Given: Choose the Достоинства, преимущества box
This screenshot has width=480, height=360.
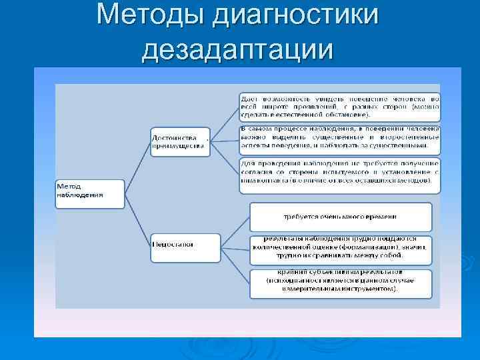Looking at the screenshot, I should pyautogui.click(x=180, y=141).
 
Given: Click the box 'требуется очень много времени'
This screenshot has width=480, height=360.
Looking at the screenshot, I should pyautogui.click(x=341, y=217).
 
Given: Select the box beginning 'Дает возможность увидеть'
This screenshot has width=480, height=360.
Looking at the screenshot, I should pyautogui.click(x=339, y=106).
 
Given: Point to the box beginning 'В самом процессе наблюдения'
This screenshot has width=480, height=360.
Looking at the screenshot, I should pyautogui.click(x=339, y=138).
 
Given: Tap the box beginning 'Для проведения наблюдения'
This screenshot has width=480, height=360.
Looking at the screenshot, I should pyautogui.click(x=339, y=175).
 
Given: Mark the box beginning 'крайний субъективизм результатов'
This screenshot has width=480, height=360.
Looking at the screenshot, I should pyautogui.click(x=341, y=283).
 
